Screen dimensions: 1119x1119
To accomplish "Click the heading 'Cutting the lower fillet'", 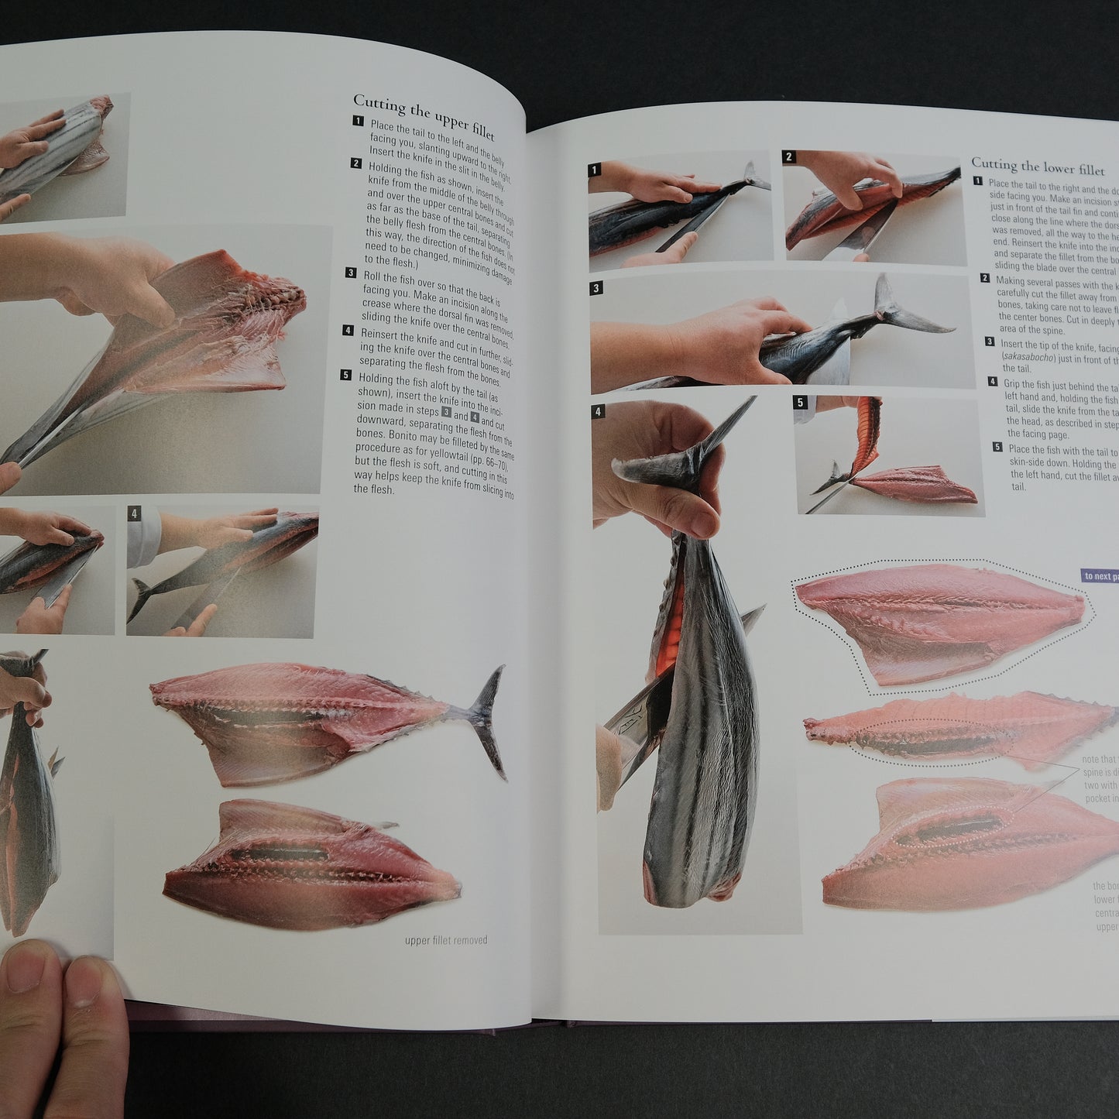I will click(1037, 166).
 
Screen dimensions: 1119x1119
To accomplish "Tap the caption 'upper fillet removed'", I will click(446, 940).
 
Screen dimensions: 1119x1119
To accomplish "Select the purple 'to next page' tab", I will click(1099, 575).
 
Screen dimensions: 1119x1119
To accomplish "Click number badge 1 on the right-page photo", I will click(595, 170).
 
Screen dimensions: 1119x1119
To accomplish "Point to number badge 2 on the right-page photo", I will click(789, 157).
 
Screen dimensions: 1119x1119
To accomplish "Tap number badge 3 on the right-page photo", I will click(596, 289).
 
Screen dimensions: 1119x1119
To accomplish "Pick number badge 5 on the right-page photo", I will click(801, 403).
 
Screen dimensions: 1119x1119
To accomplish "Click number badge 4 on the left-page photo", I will click(135, 513).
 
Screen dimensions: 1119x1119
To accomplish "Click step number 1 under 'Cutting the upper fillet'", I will click(358, 122).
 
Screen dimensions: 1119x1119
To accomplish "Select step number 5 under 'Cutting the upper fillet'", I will click(346, 376).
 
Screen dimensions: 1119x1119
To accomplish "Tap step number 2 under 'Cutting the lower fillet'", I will click(985, 278).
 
